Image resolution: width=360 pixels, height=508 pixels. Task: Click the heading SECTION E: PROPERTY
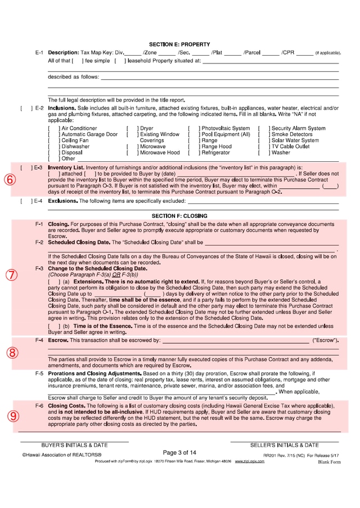[x=179, y=44]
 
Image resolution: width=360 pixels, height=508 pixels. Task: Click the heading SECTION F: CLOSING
[x=179, y=216]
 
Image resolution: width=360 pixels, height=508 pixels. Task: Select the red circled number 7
[x=11, y=275]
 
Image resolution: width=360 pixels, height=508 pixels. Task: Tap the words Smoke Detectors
[x=291, y=135]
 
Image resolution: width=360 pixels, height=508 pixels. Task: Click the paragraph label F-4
[x=39, y=341]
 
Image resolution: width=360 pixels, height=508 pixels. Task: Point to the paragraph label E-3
[x=38, y=167]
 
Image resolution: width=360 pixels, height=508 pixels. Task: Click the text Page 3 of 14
[x=179, y=452]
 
